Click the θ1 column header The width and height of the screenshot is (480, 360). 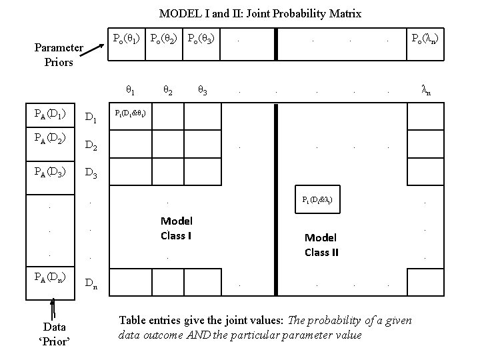point(131,89)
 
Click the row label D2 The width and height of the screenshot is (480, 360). point(92,146)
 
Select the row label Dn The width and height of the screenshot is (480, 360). point(92,284)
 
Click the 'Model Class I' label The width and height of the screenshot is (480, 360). point(176,227)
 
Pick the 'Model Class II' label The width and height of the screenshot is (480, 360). point(321,245)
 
